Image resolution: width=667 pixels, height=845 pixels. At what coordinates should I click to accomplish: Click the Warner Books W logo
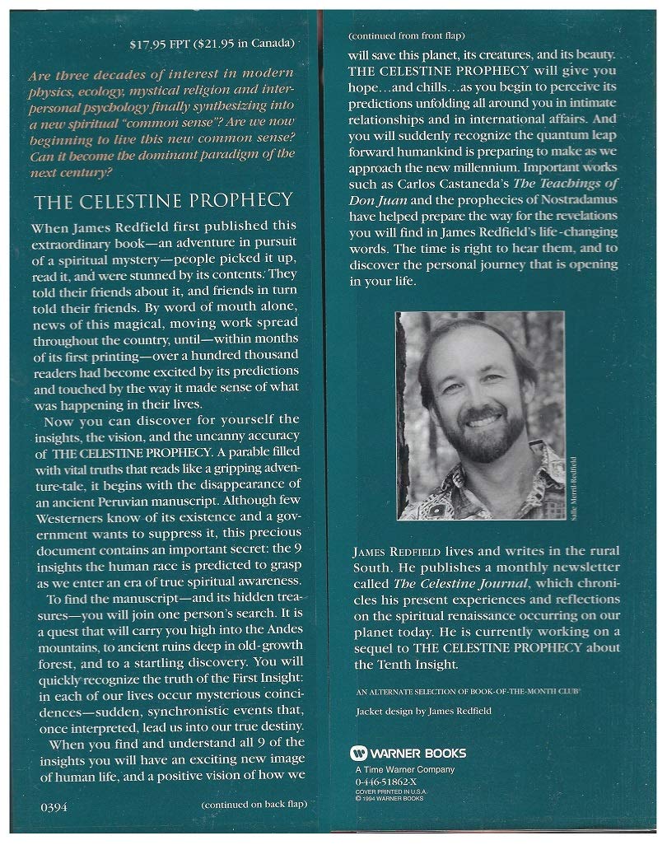(357, 752)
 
